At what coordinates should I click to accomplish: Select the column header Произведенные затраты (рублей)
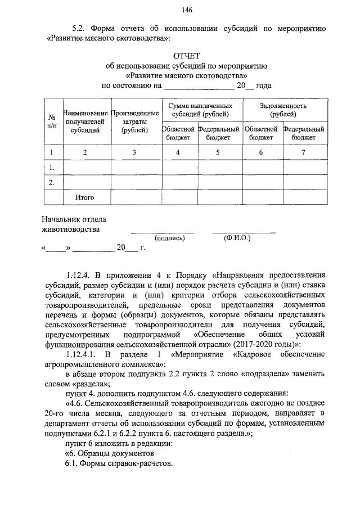point(136,122)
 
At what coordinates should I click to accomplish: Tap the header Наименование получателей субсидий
point(86,122)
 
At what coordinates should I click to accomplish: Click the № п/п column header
point(52,122)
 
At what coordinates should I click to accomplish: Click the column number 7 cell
point(303,152)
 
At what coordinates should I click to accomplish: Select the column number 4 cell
point(178,152)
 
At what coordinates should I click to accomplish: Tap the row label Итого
point(85,197)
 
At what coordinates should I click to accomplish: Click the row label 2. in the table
point(52,182)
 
